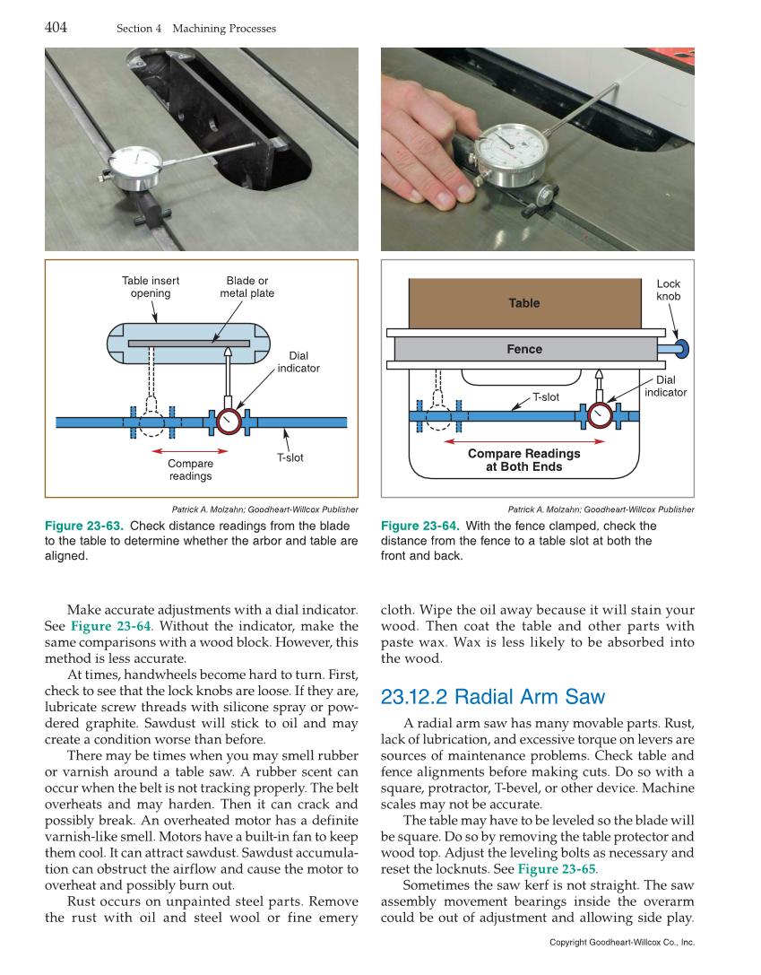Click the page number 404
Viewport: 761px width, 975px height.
56,27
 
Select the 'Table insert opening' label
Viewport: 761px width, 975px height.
151,287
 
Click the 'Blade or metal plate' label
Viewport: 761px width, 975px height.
247,287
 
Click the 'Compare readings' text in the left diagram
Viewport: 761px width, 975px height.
190,469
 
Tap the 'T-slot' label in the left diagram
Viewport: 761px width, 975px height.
290,457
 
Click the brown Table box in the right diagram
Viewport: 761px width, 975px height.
524,303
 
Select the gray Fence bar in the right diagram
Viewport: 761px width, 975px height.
524,349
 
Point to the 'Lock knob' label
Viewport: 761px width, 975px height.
669,290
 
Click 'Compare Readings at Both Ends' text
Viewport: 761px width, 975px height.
523,460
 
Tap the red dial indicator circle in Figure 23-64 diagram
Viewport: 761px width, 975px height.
599,415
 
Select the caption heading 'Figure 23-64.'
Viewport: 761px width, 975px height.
419,526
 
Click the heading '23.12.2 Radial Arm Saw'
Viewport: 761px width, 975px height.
492,697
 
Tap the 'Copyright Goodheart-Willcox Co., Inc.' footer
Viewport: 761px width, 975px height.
621,942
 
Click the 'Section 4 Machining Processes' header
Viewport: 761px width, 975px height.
196,29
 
